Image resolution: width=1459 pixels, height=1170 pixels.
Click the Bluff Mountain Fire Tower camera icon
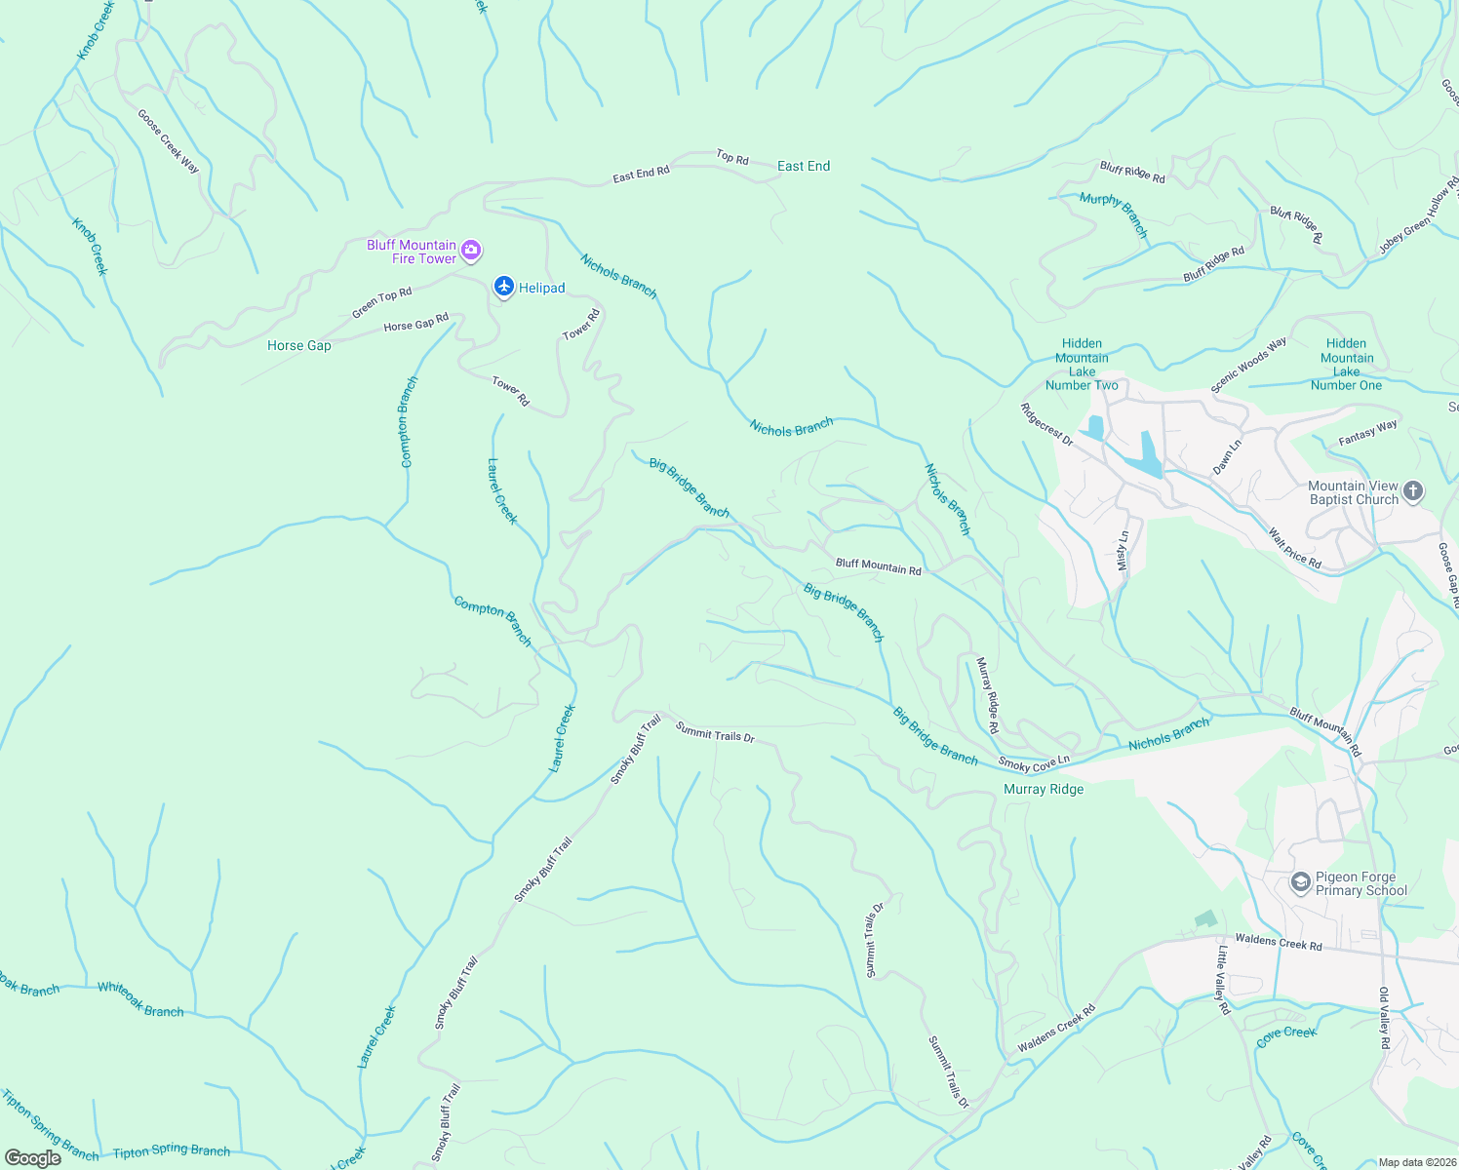click(471, 252)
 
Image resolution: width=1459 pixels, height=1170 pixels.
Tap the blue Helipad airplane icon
click(503, 287)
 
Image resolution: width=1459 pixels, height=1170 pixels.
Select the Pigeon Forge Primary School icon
click(1300, 883)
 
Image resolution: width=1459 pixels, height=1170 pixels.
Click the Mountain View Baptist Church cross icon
click(1413, 492)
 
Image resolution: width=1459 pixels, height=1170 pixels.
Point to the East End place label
click(804, 167)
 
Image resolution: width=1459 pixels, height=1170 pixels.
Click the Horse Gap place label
click(299, 346)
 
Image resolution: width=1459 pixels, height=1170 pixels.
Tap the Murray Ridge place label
click(1044, 789)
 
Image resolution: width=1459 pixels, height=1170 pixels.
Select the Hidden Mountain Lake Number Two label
click(1082, 365)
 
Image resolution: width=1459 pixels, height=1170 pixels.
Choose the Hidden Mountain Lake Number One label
click(1346, 365)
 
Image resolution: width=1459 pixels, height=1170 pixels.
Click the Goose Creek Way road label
click(168, 141)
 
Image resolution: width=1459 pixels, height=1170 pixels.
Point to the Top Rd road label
click(732, 157)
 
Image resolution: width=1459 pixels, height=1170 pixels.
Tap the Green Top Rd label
click(382, 302)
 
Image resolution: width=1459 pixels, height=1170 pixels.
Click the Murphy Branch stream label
click(1114, 214)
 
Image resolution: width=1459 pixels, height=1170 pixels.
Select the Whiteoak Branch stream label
click(140, 999)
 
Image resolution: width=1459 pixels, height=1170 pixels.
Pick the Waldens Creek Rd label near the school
click(1279, 942)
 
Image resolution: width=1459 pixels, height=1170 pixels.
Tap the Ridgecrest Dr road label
click(1046, 425)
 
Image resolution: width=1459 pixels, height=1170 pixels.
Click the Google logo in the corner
click(33, 1157)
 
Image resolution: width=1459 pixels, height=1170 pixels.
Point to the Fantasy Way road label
click(1367, 433)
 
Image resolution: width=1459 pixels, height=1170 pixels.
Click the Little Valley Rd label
click(1223, 980)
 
